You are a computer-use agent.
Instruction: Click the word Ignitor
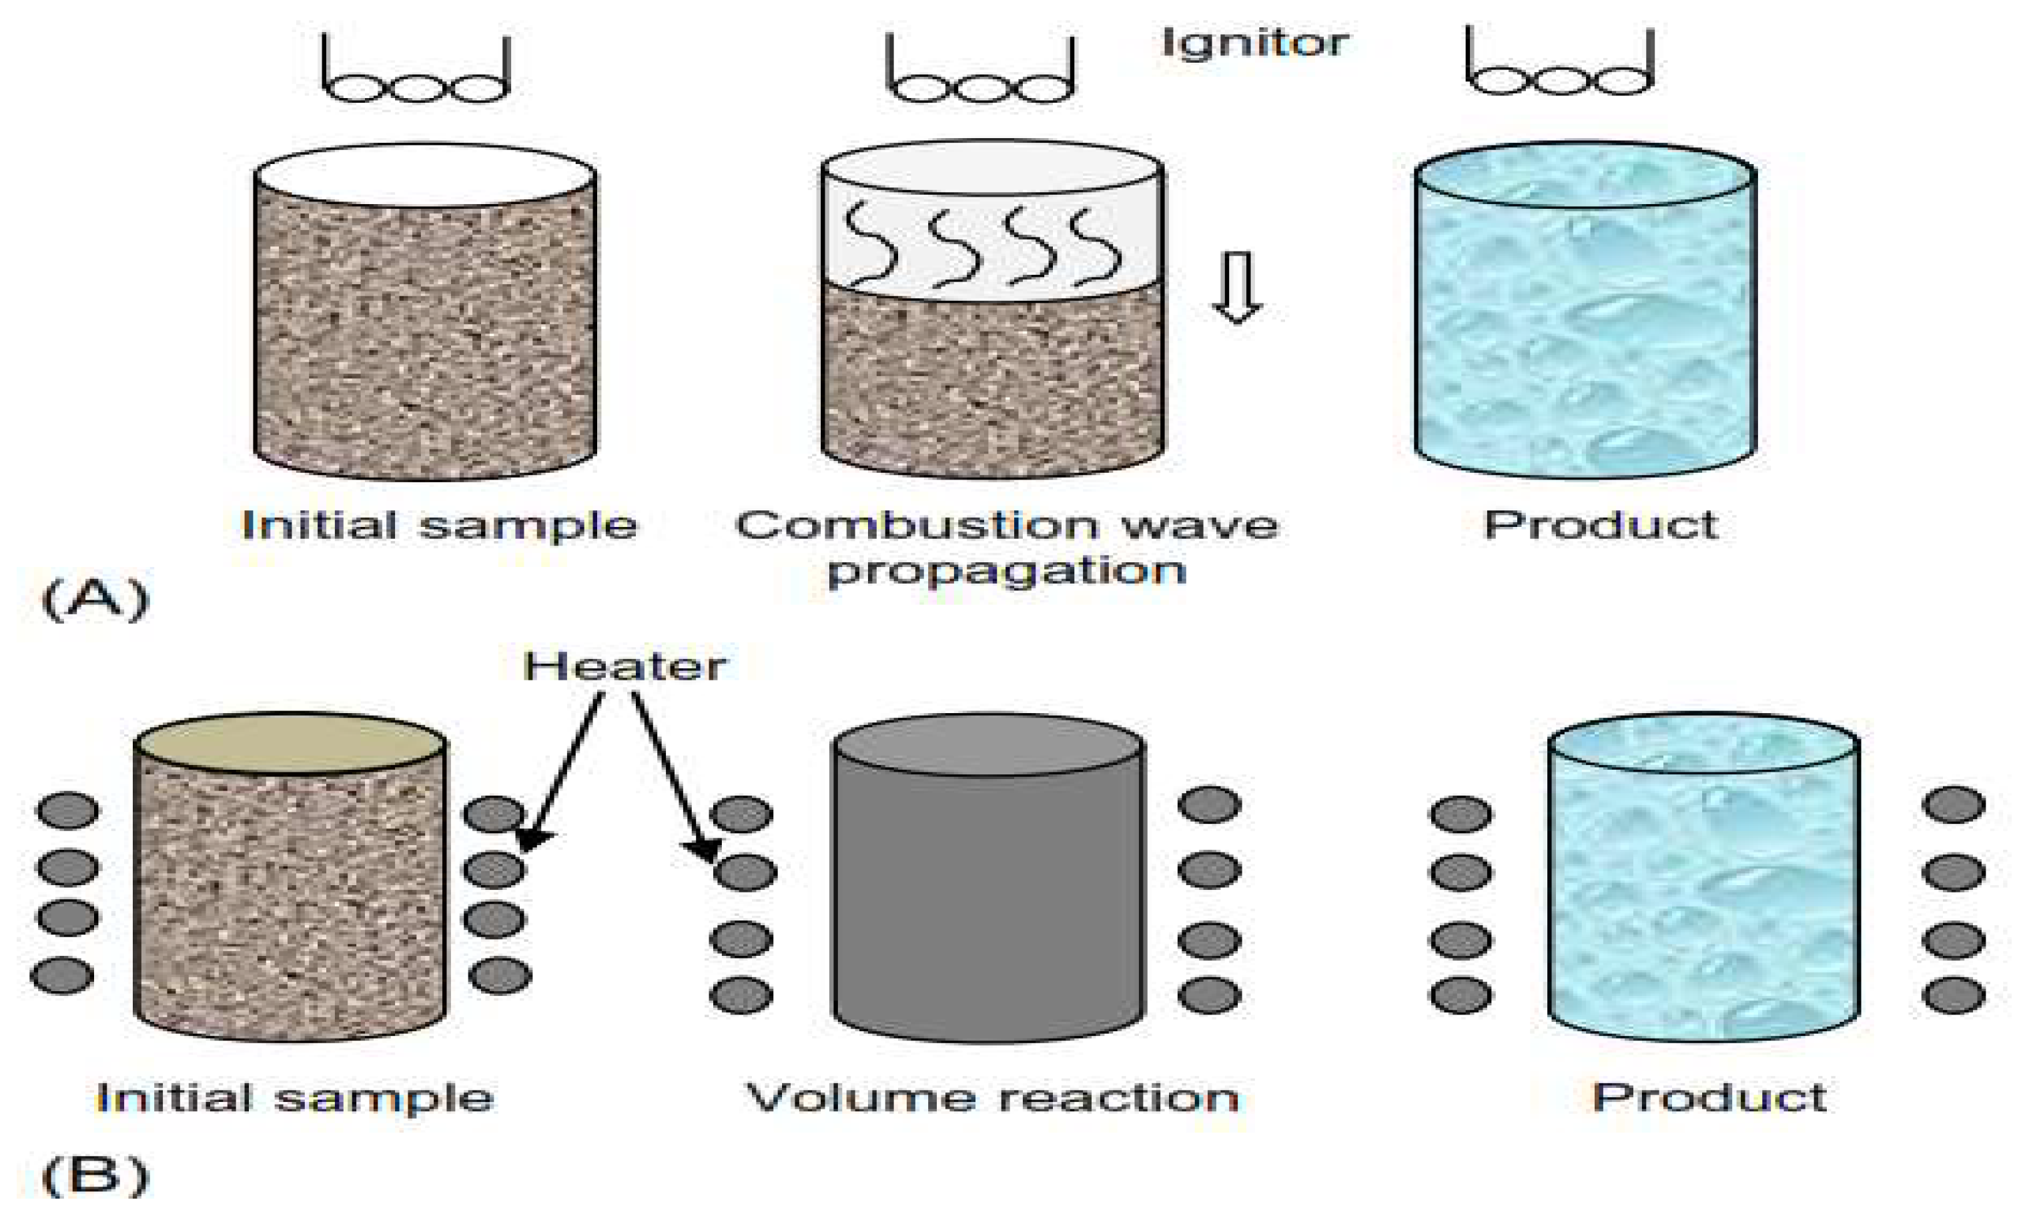pyautogui.click(x=1254, y=43)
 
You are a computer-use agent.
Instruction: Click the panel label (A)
pyautogui.click(x=95, y=599)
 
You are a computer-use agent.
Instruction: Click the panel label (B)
pyautogui.click(x=95, y=1175)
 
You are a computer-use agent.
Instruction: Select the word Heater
pyautogui.click(x=625, y=666)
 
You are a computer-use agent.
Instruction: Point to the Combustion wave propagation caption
pyautogui.click(x=1006, y=547)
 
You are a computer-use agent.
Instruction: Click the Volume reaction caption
pyautogui.click(x=992, y=1098)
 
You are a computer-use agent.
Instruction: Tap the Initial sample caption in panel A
pyautogui.click(x=439, y=526)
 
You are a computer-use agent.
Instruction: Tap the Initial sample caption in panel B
pyautogui.click(x=294, y=1098)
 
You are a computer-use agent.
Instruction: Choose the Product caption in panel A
pyautogui.click(x=1600, y=526)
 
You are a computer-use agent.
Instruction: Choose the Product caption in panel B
pyautogui.click(x=1709, y=1098)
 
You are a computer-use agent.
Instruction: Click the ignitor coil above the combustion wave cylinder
pyautogui.click(x=980, y=85)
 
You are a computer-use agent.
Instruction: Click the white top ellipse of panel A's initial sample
pyautogui.click(x=425, y=175)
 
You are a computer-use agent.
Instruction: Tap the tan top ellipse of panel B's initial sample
pyautogui.click(x=290, y=742)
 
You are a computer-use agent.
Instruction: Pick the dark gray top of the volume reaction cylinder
pyautogui.click(x=988, y=745)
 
